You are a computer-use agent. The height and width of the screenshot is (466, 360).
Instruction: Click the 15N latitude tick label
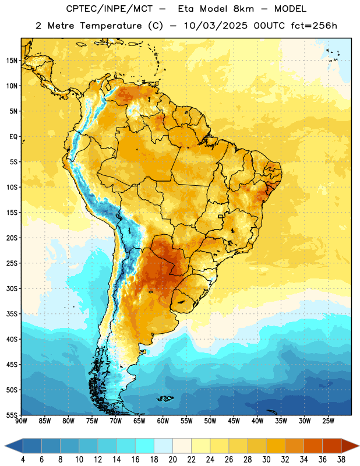click(x=12, y=61)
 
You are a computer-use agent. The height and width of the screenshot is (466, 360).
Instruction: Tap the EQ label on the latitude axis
click(x=13, y=137)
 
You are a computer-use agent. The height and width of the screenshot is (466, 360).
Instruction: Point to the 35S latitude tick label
click(x=12, y=314)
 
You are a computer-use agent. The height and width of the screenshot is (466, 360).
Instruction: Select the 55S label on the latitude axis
click(x=12, y=415)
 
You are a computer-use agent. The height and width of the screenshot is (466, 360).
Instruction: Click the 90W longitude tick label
click(x=22, y=421)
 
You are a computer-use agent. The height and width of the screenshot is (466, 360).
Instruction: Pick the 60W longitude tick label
click(x=163, y=421)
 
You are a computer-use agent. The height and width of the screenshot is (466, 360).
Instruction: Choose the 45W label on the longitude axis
click(x=234, y=421)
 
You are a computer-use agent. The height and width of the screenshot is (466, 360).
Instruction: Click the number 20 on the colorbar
click(x=172, y=460)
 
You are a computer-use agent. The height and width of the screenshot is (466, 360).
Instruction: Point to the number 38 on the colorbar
click(x=341, y=460)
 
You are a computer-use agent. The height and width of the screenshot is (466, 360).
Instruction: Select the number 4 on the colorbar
click(x=23, y=460)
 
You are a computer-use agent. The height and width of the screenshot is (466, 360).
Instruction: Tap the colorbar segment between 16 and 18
click(x=145, y=446)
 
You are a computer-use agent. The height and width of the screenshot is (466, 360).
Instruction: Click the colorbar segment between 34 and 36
click(x=313, y=446)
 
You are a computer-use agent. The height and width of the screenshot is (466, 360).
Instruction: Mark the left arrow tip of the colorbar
click(x=5, y=446)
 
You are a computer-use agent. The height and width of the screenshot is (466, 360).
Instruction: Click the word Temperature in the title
click(x=111, y=26)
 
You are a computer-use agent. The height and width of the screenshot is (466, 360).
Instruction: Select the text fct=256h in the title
click(x=314, y=26)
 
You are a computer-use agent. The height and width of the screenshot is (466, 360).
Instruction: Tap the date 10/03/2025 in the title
click(x=216, y=26)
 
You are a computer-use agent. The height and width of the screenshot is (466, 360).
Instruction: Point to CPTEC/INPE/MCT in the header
click(x=109, y=9)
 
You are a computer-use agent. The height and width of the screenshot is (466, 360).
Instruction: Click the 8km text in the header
click(x=243, y=9)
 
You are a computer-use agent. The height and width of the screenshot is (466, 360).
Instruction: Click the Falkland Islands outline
click(x=165, y=398)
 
